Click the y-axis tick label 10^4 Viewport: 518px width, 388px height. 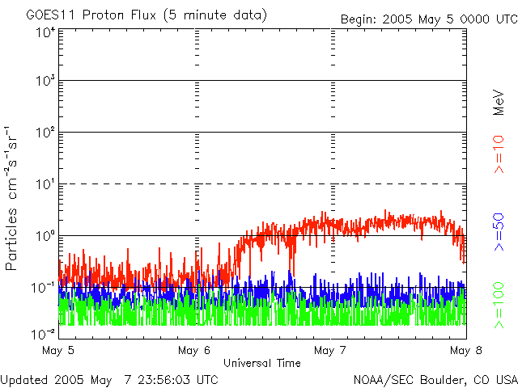pyautogui.click(x=45, y=32)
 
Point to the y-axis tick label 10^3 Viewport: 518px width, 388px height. pyautogui.click(x=45, y=82)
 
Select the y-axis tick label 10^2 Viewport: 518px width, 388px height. pyautogui.click(x=45, y=133)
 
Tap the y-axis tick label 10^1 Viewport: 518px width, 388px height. pyautogui.click(x=45, y=184)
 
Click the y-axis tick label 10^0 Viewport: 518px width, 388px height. pyautogui.click(x=45, y=236)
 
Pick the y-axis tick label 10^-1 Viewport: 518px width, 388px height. pyautogui.click(x=44, y=287)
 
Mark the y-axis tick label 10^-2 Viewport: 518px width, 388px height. pyautogui.click(x=44, y=333)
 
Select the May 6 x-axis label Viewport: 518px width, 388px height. pyautogui.click(x=193, y=351)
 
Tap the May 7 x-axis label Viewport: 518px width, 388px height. pyautogui.click(x=330, y=351)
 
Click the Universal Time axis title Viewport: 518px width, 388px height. pyautogui.click(x=261, y=364)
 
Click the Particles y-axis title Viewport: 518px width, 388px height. pyautogui.click(x=13, y=234)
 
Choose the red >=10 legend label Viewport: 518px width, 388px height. pyautogui.click(x=500, y=154)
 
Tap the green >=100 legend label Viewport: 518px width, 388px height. pyautogui.click(x=500, y=308)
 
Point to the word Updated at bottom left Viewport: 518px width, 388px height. pyautogui.click(x=23, y=379)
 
